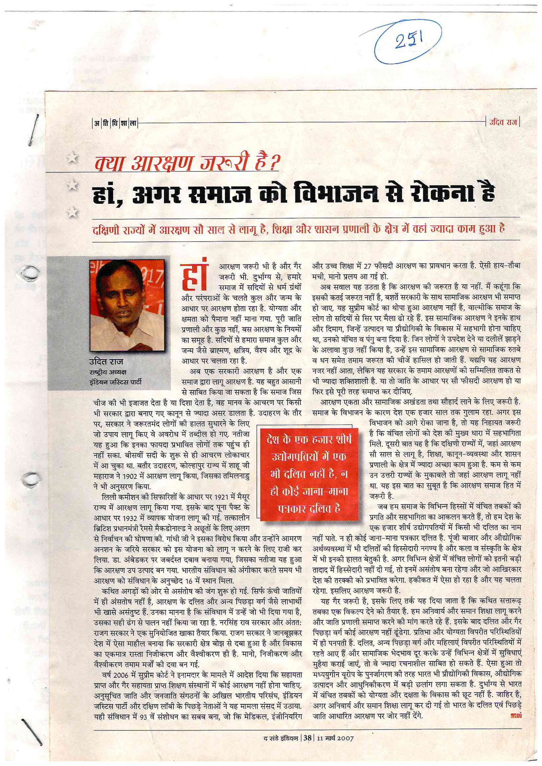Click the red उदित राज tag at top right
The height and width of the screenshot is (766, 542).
pyautogui.click(x=503, y=122)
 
